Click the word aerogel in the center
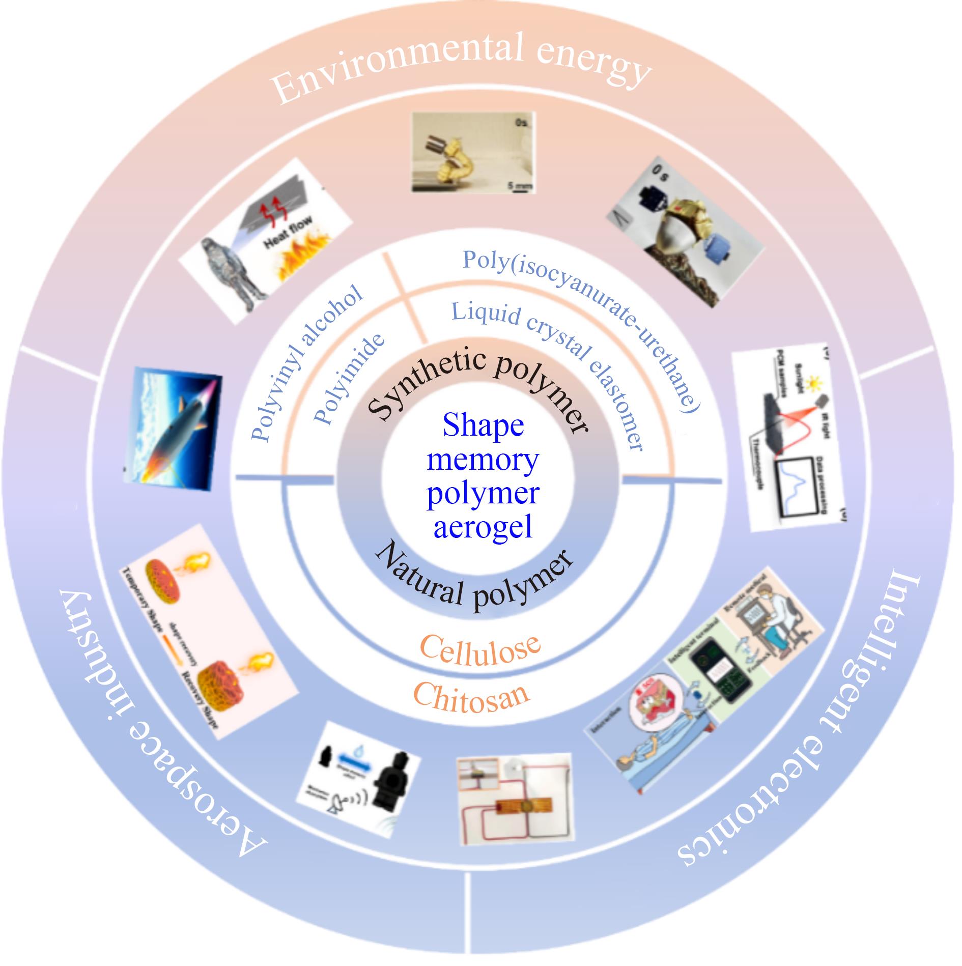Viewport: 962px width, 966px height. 483,526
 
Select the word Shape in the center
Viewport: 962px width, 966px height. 483,425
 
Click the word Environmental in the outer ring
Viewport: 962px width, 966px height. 397,64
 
